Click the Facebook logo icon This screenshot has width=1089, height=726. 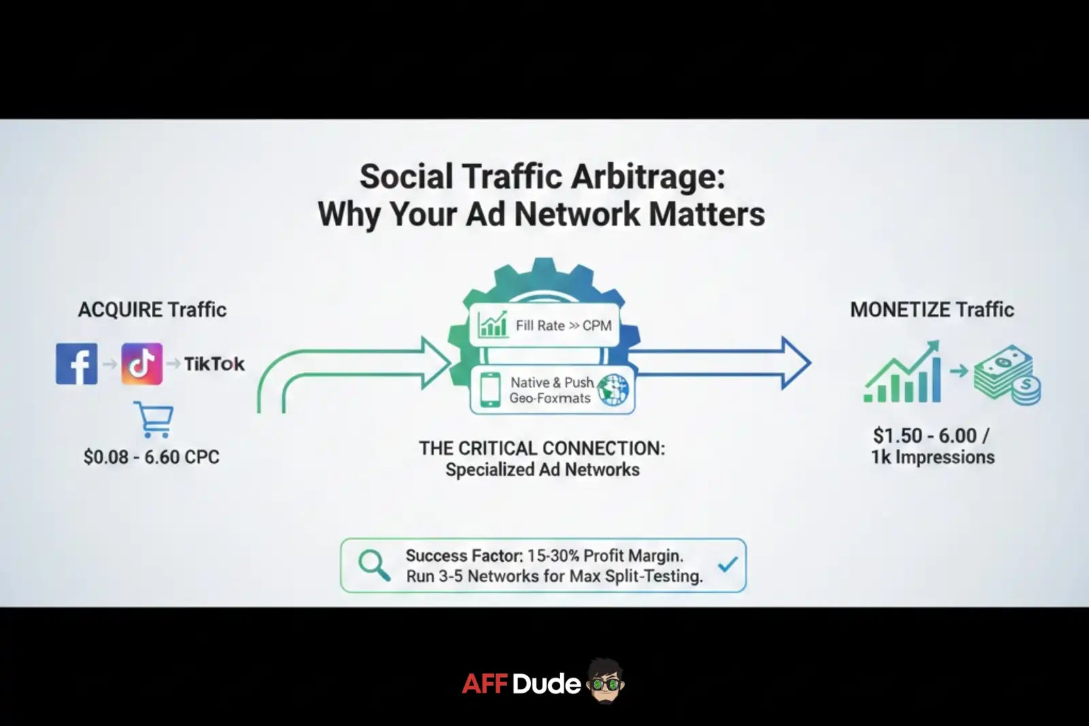pyautogui.click(x=76, y=364)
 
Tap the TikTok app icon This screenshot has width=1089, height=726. pyautogui.click(x=142, y=364)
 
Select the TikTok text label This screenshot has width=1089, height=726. pyautogui.click(x=214, y=364)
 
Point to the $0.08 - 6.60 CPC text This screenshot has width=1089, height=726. pyautogui.click(x=151, y=456)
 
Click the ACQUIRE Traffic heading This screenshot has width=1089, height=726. pyautogui.click(x=152, y=309)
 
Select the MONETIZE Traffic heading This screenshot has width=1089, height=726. pyautogui.click(x=932, y=309)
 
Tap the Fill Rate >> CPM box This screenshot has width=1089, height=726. pyautogui.click(x=544, y=325)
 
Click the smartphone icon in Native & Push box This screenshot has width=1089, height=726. pyautogui.click(x=490, y=390)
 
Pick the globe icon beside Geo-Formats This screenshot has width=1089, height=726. pyautogui.click(x=613, y=390)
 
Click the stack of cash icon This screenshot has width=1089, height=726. pyautogui.click(x=1006, y=375)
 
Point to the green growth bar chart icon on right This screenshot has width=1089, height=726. pyautogui.click(x=903, y=373)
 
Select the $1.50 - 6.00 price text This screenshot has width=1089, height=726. pyautogui.click(x=931, y=435)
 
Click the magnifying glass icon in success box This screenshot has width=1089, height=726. pyautogui.click(x=374, y=565)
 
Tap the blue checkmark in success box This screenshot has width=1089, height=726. pyautogui.click(x=728, y=565)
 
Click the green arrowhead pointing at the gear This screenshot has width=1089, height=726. pyautogui.click(x=436, y=362)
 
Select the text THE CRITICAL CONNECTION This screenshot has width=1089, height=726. pyautogui.click(x=542, y=448)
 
